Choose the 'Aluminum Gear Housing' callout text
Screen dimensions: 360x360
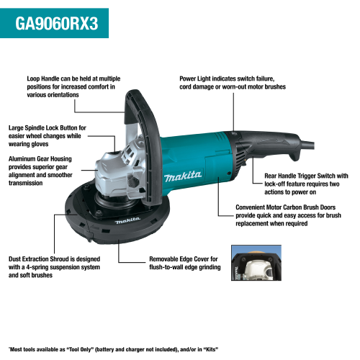[46, 158]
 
